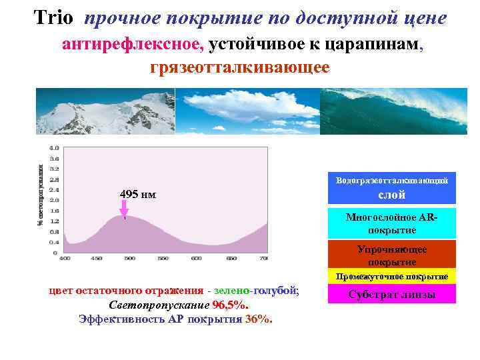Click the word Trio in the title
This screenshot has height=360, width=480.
[x=53, y=18]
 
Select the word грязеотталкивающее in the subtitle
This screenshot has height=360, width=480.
[x=240, y=68]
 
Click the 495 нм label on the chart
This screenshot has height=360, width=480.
[x=138, y=194]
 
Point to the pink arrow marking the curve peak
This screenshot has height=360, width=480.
[x=123, y=211]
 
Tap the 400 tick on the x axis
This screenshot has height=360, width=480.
[x=66, y=258]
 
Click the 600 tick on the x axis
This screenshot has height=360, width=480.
[x=197, y=258]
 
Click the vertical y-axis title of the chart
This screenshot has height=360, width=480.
[x=41, y=193]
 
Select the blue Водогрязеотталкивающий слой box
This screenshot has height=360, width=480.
[x=391, y=188]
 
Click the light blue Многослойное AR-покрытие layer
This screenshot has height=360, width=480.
[x=391, y=223]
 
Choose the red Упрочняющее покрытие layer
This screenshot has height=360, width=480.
[x=391, y=255]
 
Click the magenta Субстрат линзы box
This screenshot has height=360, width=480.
[x=391, y=294]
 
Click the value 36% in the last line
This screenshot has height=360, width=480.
[x=259, y=319]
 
